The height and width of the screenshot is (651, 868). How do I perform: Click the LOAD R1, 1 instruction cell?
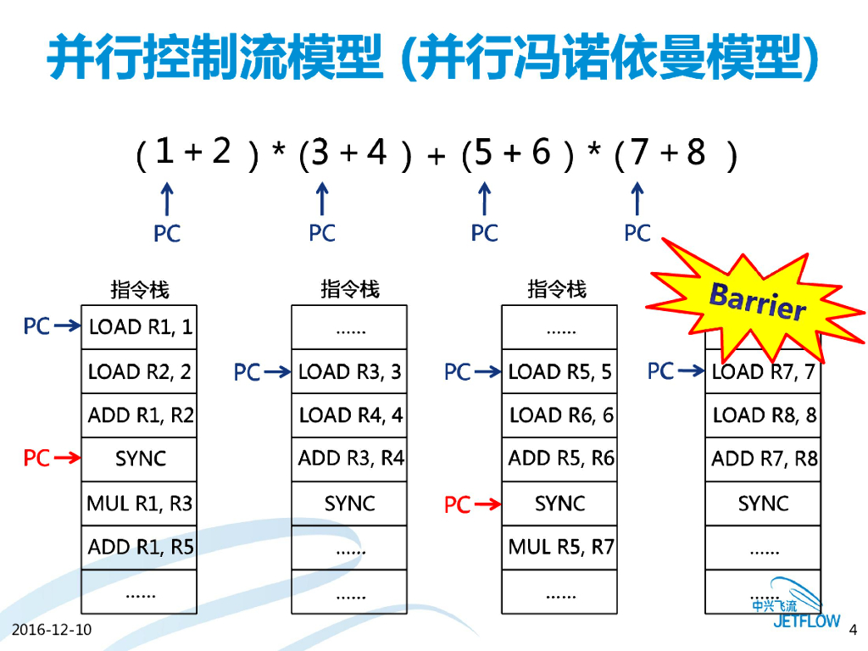pyautogui.click(x=140, y=327)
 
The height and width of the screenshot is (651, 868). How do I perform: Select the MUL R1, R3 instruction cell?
pyautogui.click(x=140, y=504)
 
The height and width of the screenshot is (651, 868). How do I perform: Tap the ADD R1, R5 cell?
pyautogui.click(x=140, y=548)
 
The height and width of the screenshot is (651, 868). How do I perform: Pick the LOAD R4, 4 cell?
pyautogui.click(x=349, y=415)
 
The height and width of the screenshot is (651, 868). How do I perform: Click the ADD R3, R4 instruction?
pyautogui.click(x=349, y=459)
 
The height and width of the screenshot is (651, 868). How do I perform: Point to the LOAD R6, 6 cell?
pyautogui.click(x=559, y=415)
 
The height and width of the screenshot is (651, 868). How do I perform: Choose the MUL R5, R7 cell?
pyautogui.click(x=559, y=548)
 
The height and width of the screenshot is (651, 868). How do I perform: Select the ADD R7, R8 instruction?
pyautogui.click(x=764, y=459)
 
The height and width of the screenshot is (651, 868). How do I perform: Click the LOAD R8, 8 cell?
pyautogui.click(x=764, y=415)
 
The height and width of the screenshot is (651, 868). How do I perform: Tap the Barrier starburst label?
pyautogui.click(x=757, y=302)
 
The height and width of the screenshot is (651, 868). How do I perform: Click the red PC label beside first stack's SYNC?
pyautogui.click(x=36, y=459)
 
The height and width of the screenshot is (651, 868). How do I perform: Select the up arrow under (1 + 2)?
pyautogui.click(x=167, y=200)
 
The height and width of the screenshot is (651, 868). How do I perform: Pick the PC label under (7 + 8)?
pyautogui.click(x=637, y=233)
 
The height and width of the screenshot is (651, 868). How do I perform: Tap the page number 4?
pyautogui.click(x=853, y=629)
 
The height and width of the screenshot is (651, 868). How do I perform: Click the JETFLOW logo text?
pyautogui.click(x=806, y=620)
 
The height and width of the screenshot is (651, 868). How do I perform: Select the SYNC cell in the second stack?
pyautogui.click(x=349, y=504)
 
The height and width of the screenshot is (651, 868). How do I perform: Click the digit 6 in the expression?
pyautogui.click(x=541, y=153)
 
